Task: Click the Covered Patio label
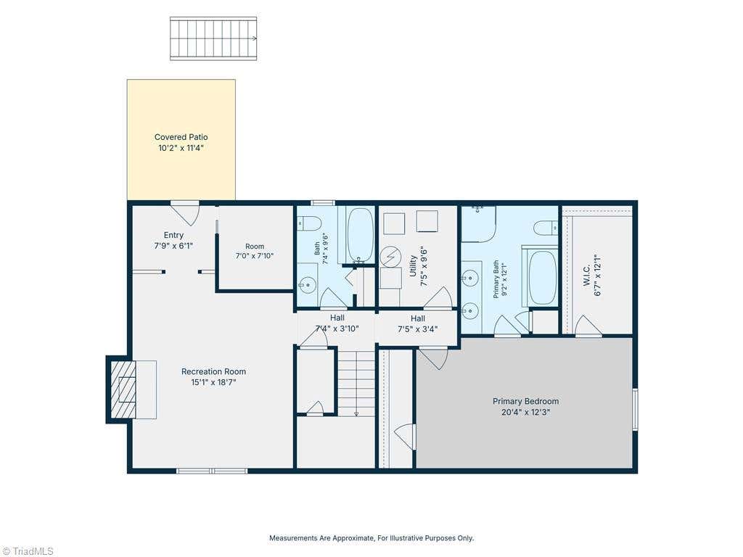tap(181, 137)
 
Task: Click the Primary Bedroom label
tap(525, 401)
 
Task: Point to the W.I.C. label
tap(586, 276)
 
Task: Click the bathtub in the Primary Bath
tap(543, 278)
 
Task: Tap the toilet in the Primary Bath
tap(546, 228)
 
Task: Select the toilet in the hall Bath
tap(309, 223)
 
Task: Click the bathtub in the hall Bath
tap(360, 235)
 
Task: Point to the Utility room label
tap(413, 266)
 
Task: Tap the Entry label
tap(173, 235)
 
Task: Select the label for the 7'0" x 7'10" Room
tap(255, 247)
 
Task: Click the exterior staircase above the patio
tap(213, 38)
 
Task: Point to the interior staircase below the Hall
tap(356, 381)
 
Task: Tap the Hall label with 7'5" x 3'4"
tap(418, 318)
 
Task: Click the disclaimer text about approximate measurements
tap(371, 538)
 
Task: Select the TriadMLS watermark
tap(28, 551)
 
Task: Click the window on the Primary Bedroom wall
tap(635, 409)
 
